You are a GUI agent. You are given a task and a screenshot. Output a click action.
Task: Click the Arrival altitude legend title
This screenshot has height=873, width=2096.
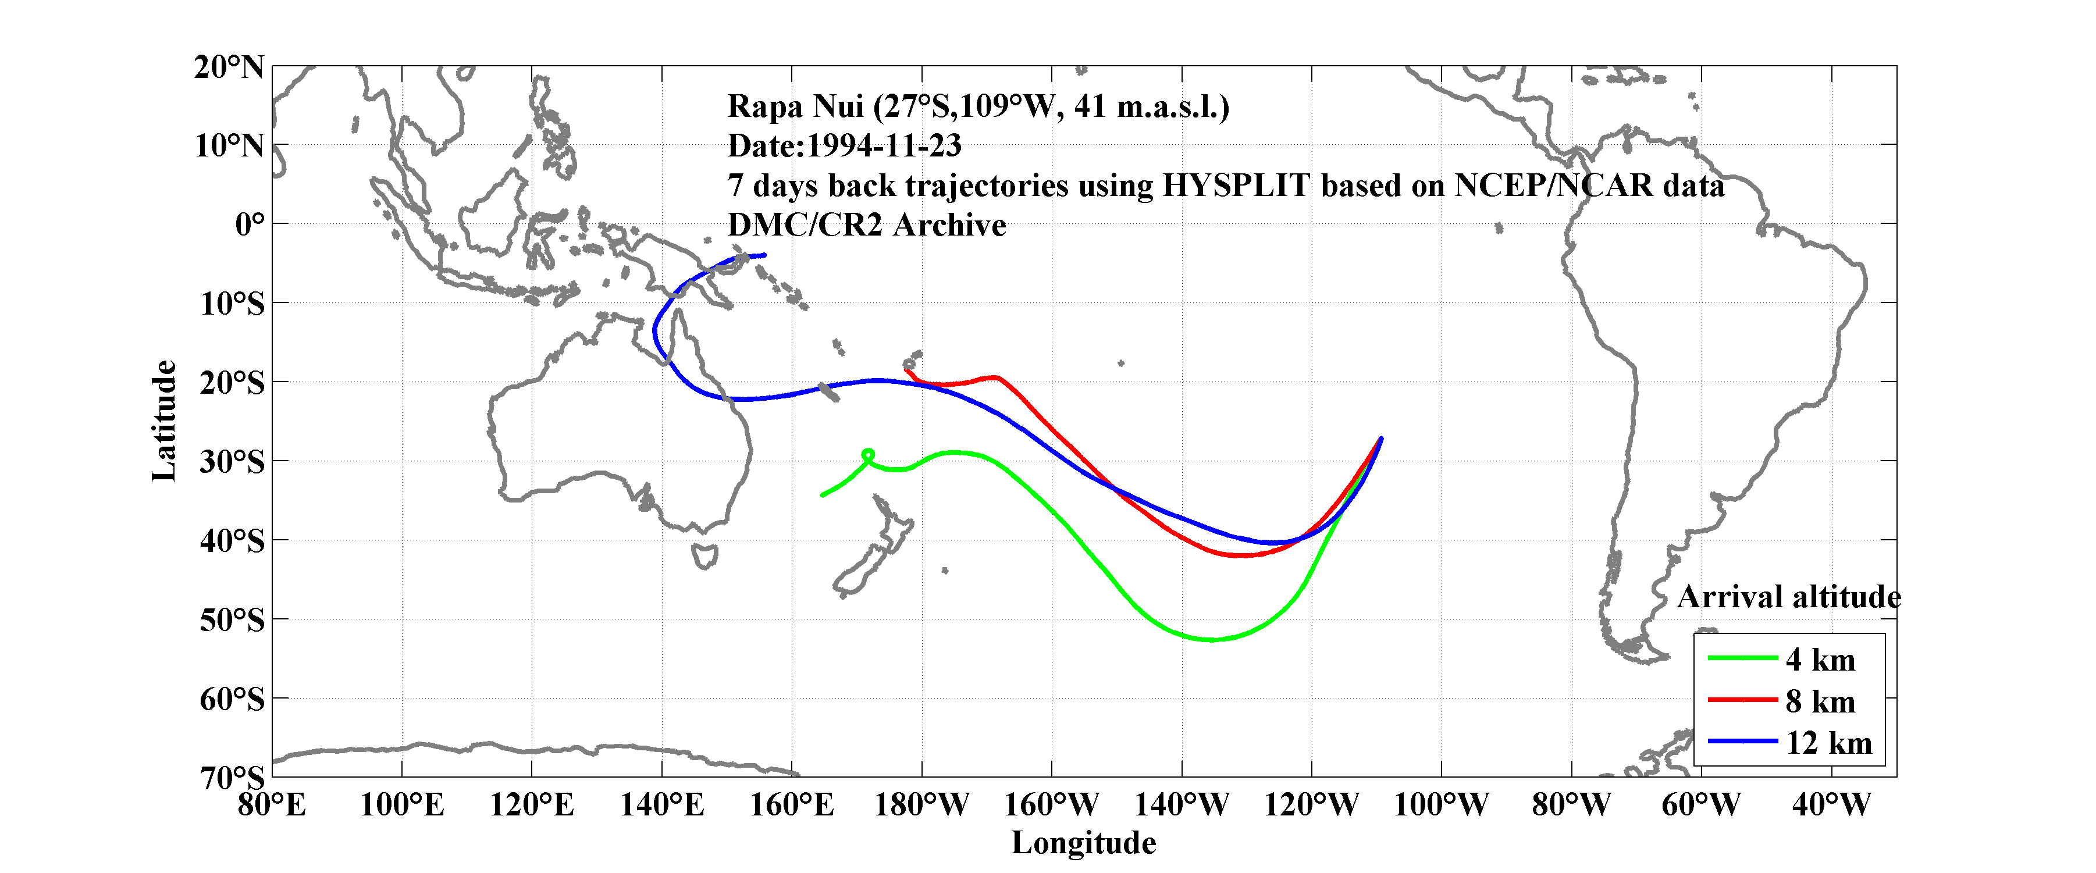(1788, 597)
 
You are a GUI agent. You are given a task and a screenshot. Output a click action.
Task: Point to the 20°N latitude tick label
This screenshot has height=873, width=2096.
(229, 67)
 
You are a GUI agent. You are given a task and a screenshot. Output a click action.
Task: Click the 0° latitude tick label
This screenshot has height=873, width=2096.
(250, 224)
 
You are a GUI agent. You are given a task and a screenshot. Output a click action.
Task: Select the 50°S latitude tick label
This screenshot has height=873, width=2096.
(232, 620)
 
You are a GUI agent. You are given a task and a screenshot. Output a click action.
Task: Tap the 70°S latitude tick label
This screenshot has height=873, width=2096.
(232, 778)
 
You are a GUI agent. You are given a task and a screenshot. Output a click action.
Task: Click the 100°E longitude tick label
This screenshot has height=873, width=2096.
(402, 806)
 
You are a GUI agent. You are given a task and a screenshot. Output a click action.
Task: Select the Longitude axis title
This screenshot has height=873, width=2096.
(1083, 843)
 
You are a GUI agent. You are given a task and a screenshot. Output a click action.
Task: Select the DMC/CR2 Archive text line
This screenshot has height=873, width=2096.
(867, 225)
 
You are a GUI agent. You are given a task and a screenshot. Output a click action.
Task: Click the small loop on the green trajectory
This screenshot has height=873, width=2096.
(867, 455)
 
